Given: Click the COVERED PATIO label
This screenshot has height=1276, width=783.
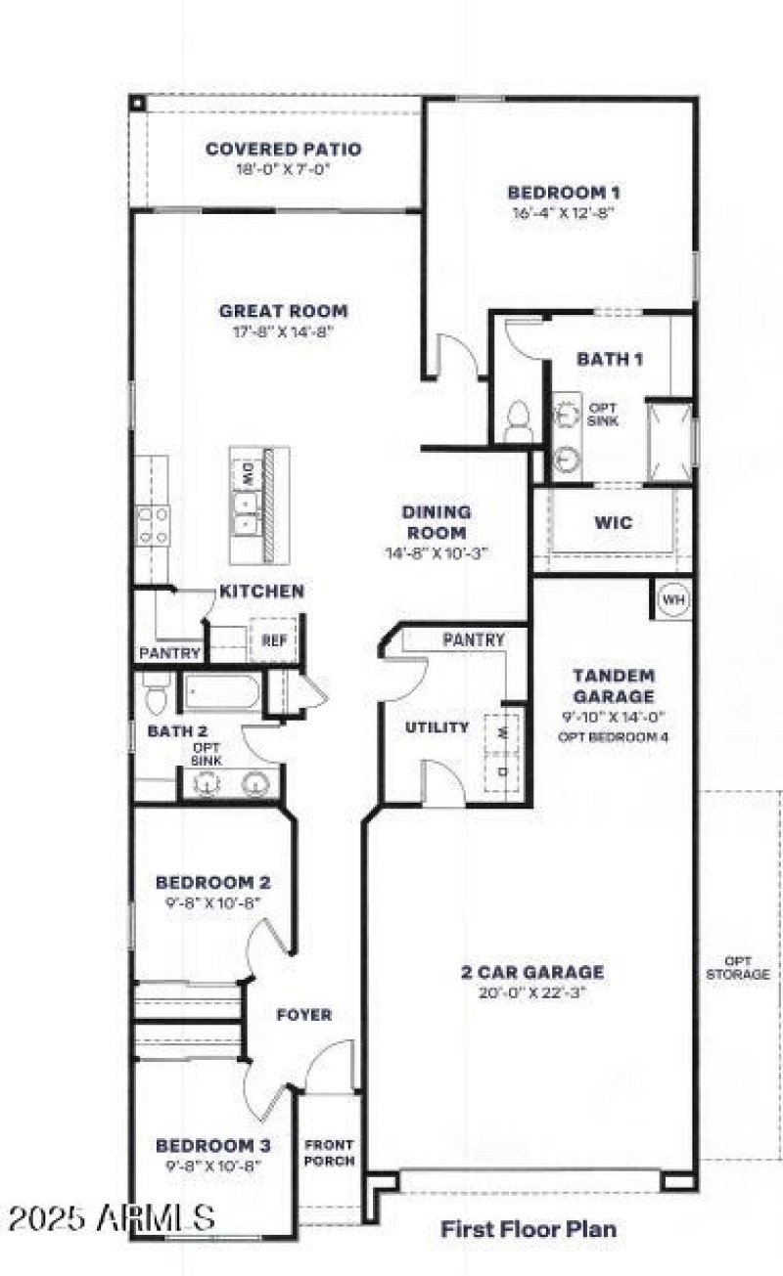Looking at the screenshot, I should pyautogui.click(x=283, y=150).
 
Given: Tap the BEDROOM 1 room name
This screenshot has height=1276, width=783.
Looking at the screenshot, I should pyautogui.click(x=565, y=193).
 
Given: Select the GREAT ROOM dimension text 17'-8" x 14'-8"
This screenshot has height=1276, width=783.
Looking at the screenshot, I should pyautogui.click(x=283, y=331).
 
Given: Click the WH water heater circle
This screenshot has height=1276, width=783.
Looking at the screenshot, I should pyautogui.click(x=672, y=598).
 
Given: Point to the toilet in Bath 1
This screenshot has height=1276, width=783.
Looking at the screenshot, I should pyautogui.click(x=518, y=422).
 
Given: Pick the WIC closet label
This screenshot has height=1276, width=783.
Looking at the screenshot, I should pyautogui.click(x=613, y=523).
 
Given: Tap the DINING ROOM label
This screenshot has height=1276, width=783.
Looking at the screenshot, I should pyautogui.click(x=437, y=522).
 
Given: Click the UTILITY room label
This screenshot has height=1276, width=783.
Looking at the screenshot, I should pyautogui.click(x=437, y=727).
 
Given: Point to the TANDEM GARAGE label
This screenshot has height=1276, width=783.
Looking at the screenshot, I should pyautogui.click(x=614, y=685).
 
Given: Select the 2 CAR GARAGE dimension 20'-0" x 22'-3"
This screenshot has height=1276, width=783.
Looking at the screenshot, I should pyautogui.click(x=532, y=993).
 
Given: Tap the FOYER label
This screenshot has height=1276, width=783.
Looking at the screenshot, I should pyautogui.click(x=303, y=1015).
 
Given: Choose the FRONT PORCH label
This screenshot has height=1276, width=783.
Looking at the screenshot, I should pyautogui.click(x=329, y=1153).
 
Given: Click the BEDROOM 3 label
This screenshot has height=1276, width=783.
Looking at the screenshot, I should pyautogui.click(x=213, y=1145).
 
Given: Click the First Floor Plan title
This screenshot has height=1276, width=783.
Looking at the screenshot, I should pyautogui.click(x=528, y=1228).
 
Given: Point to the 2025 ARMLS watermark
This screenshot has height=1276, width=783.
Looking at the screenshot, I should pyautogui.click(x=110, y=1218).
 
